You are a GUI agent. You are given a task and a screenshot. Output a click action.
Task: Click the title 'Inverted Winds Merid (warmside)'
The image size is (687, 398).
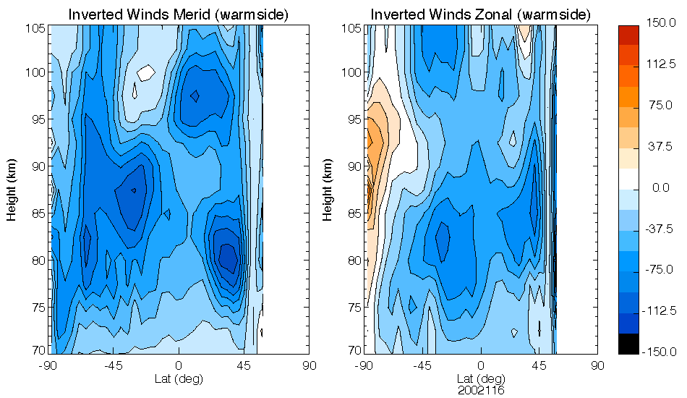tap(179, 14)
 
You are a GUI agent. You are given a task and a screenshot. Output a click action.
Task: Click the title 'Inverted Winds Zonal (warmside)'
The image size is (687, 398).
tap(480, 14)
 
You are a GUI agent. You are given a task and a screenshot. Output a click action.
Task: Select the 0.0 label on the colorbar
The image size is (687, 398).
tap(660, 188)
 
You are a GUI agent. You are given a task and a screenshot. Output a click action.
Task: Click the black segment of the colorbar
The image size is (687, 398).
tap(628, 344)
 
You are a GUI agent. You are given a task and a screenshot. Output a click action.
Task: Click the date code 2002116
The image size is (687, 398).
tap(480, 390)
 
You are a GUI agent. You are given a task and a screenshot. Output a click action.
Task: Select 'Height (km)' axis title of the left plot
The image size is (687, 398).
tap(12, 189)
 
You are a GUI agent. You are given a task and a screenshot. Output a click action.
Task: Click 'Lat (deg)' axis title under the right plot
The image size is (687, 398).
tap(480, 378)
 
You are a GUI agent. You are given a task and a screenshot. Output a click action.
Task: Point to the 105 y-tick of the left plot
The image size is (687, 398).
tap(38, 28)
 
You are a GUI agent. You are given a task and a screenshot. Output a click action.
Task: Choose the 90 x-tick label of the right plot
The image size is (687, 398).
tap(597, 365)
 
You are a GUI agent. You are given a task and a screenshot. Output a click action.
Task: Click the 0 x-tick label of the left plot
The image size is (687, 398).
tap(179, 365)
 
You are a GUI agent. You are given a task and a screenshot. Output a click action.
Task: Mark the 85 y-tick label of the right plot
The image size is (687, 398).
tap(354, 213)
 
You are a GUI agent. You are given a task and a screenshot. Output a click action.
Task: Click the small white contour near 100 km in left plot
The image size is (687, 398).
tap(146, 72)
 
